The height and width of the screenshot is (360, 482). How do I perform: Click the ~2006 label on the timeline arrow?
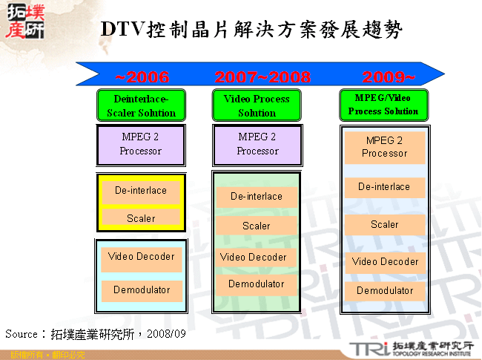tap(142, 77)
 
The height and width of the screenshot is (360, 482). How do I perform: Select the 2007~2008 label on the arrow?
tap(263, 77)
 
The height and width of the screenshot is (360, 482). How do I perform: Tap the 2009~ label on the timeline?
tap(388, 77)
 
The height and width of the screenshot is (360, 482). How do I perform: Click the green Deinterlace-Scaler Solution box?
tap(141, 105)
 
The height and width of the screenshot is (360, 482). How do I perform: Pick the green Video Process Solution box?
tap(257, 105)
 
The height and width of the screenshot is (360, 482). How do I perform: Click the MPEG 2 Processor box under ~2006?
tap(141, 145)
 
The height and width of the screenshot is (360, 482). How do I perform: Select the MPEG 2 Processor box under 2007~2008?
tap(257, 145)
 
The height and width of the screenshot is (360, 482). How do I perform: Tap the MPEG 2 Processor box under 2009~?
tap(384, 147)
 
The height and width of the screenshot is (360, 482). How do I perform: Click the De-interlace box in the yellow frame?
tap(141, 191)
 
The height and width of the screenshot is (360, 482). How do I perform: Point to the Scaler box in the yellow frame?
tap(141, 218)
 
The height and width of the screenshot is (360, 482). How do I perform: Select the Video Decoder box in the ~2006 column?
tap(141, 257)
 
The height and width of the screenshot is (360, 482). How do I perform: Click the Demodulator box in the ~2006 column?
tap(141, 290)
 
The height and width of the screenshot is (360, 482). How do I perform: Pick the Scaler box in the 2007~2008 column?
tap(257, 226)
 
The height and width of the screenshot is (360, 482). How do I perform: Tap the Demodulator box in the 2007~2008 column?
tap(257, 284)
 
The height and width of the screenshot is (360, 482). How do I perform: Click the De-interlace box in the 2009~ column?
tap(384, 187)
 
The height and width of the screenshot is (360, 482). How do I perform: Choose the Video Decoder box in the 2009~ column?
tap(384, 262)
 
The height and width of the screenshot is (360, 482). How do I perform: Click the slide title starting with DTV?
tap(251, 30)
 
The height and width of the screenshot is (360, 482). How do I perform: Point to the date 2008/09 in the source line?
tap(167, 335)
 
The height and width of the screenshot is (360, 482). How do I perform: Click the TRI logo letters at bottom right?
tap(366, 348)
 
